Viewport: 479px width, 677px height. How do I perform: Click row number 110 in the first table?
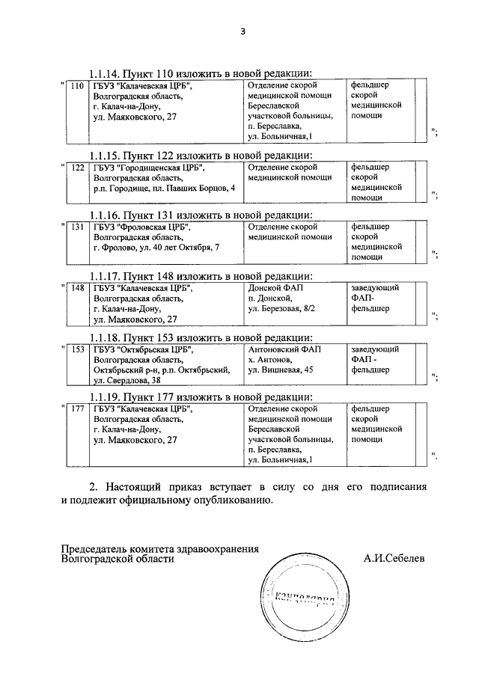(x=76, y=86)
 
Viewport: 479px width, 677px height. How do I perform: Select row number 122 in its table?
(x=76, y=168)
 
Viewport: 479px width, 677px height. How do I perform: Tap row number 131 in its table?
(x=76, y=227)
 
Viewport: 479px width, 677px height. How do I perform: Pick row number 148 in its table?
(x=76, y=288)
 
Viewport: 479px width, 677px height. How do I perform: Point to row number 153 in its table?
(x=76, y=349)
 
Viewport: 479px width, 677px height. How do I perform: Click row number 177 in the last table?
(x=76, y=409)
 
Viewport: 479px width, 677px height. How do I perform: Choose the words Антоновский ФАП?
(x=285, y=349)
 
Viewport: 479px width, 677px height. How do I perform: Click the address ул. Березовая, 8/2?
(x=281, y=308)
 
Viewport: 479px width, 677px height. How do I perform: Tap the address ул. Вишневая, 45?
(x=281, y=370)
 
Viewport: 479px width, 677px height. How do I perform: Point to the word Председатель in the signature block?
(x=95, y=548)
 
